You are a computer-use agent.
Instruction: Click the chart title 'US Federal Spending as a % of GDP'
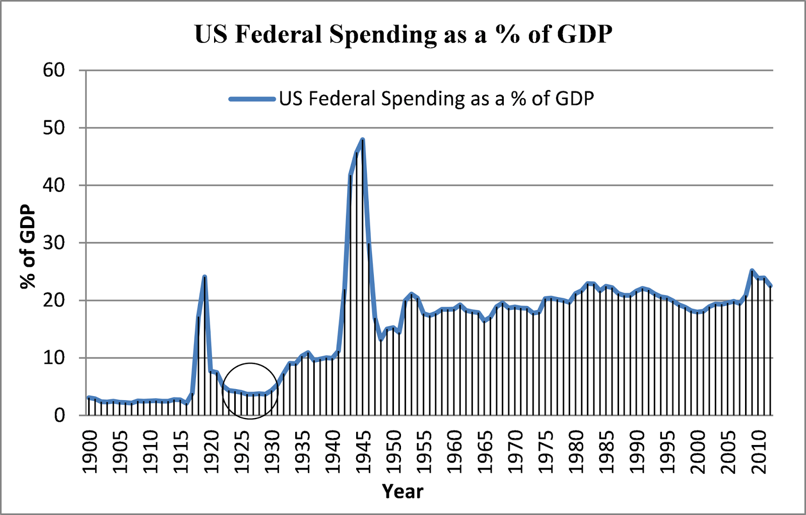[403, 34]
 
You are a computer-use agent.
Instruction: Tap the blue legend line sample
[252, 99]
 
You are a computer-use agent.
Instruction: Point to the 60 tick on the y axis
[54, 70]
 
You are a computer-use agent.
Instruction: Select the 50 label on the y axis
[54, 128]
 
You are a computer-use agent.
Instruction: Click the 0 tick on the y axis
[59, 416]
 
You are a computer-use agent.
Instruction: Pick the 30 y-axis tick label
[54, 243]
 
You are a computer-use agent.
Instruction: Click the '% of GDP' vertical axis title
[28, 246]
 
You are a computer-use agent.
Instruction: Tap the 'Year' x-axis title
[402, 491]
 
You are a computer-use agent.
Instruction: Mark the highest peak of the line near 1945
[363, 139]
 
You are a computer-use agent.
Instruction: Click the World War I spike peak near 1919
[205, 276]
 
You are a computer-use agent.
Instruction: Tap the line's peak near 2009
[752, 270]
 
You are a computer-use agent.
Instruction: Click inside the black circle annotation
[250, 391]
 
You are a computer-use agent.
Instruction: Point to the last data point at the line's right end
[770, 285]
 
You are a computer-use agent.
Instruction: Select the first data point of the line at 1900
[89, 398]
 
